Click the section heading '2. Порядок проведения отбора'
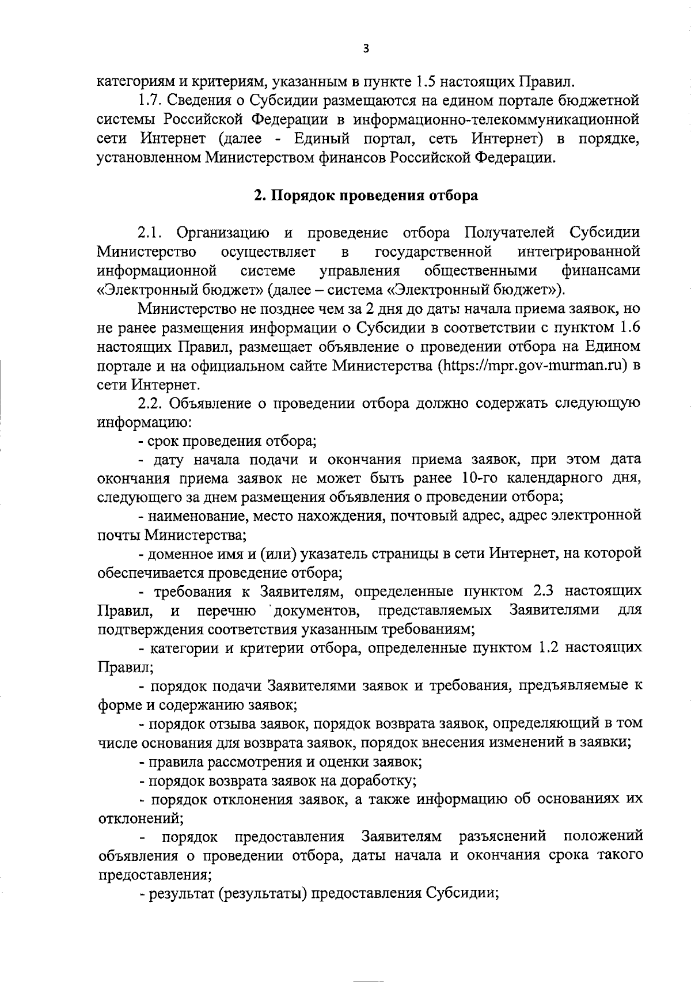pos(366,195)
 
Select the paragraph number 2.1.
pos(151,233)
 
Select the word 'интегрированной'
pos(579,252)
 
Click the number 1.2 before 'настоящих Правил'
pos(544,648)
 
